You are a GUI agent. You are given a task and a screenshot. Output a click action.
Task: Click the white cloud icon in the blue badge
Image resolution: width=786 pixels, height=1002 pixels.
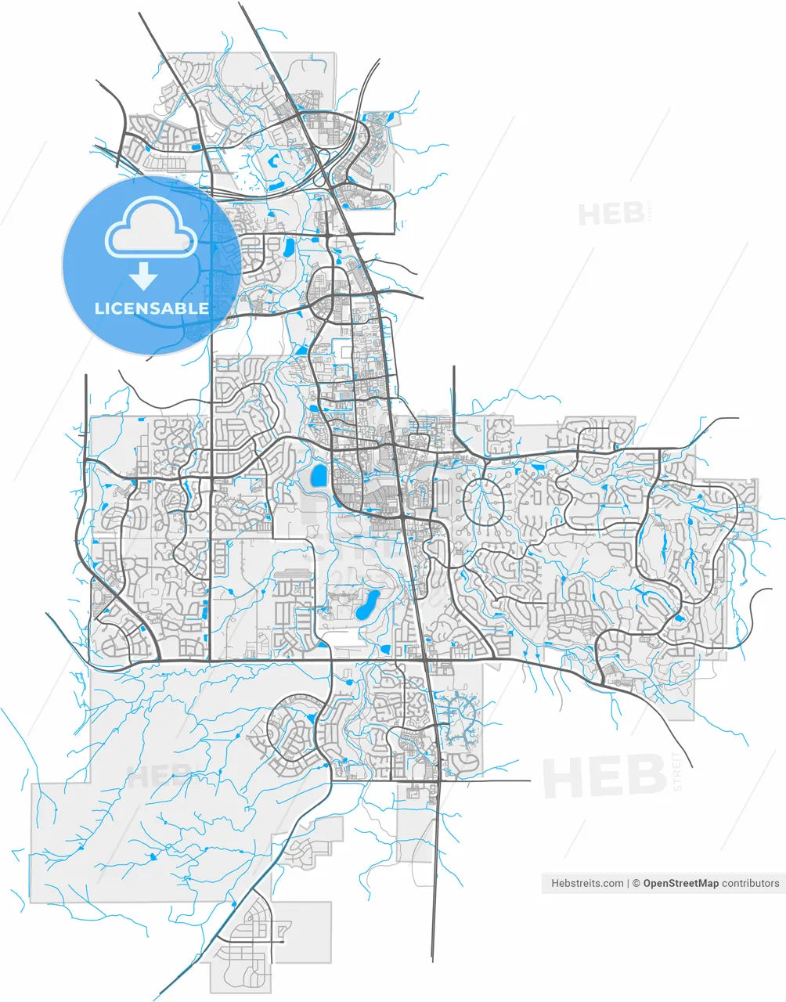151,228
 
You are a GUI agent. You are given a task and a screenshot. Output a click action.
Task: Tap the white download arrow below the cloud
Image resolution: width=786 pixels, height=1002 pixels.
142,276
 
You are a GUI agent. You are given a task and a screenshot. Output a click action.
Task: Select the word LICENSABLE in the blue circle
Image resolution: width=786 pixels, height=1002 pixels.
152,308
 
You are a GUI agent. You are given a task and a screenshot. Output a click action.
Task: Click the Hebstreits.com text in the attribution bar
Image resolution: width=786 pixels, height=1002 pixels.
587,883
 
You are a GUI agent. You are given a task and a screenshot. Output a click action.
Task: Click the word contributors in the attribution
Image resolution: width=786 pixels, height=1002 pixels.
750,883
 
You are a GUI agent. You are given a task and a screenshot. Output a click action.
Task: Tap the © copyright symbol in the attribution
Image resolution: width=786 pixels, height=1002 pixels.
636,883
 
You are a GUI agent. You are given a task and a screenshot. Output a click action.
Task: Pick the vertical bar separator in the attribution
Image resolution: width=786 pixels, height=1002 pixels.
628,883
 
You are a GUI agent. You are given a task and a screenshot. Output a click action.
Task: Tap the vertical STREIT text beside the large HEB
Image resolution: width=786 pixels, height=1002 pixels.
678,772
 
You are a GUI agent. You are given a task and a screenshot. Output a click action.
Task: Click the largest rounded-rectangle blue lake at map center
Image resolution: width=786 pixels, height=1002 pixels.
319,475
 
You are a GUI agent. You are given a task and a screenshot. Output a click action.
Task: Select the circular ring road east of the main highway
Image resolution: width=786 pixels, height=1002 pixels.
485,502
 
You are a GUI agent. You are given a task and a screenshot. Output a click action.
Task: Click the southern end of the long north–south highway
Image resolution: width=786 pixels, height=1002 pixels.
432,960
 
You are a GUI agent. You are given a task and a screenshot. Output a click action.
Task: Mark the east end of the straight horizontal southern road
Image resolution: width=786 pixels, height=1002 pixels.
529,780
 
